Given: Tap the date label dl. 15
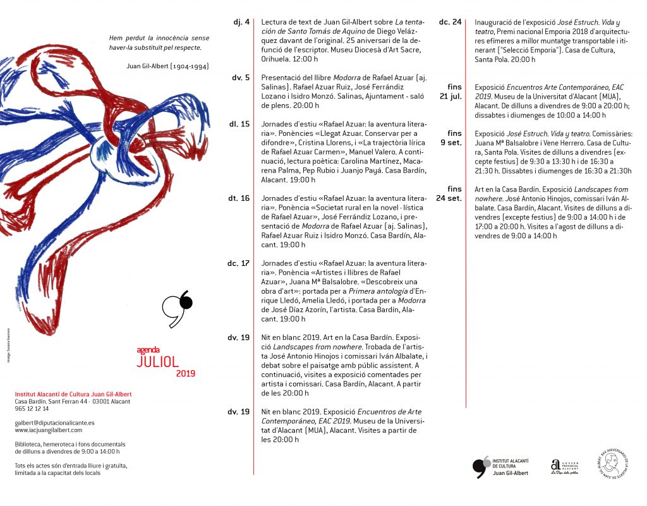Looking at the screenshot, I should tap(239, 124).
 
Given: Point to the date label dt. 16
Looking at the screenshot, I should tap(239, 198).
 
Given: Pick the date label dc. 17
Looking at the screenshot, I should tap(239, 263).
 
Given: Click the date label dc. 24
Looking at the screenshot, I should tap(450, 22).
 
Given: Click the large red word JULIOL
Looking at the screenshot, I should tap(158, 361).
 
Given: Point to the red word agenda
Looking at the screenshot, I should tap(148, 349).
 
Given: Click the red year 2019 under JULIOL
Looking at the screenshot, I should tap(186, 373).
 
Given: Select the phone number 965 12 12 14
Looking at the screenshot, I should tap(32, 409).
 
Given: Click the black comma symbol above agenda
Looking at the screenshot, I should tap(177, 310).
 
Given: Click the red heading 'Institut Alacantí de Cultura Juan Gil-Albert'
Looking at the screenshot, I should tap(73, 394).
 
